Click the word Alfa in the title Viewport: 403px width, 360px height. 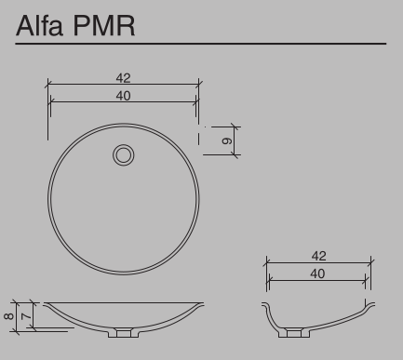pyautogui.click(x=40, y=25)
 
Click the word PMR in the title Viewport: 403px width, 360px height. pyautogui.click(x=104, y=26)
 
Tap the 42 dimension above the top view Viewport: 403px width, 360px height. pyautogui.click(x=123, y=78)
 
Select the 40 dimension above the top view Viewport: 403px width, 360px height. pyautogui.click(x=123, y=96)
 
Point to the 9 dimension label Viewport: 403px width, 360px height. pyautogui.click(x=227, y=140)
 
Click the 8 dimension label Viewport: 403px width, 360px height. pyautogui.click(x=8, y=316)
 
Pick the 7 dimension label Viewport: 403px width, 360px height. pyautogui.click(x=27, y=316)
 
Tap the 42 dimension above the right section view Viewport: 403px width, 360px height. pyautogui.click(x=318, y=256)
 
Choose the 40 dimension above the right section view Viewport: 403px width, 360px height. pyautogui.click(x=317, y=273)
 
